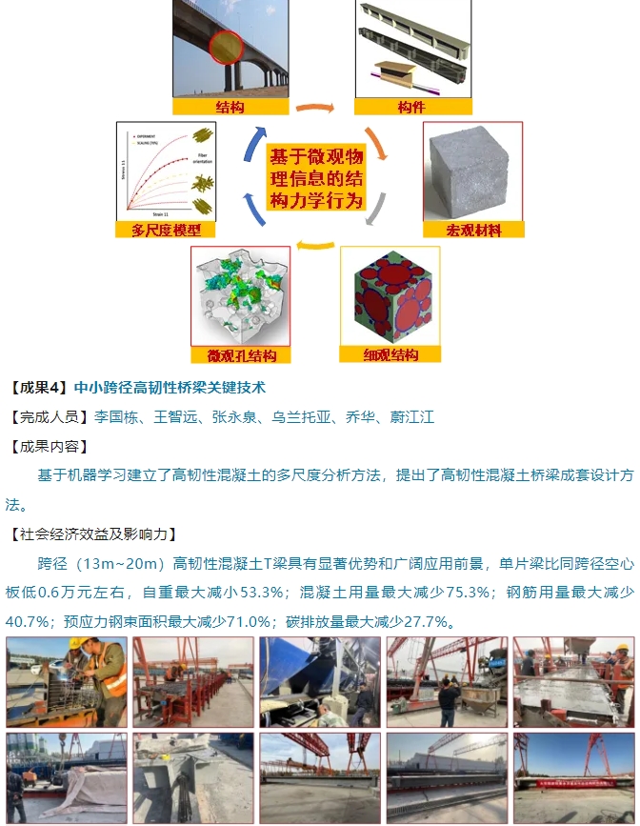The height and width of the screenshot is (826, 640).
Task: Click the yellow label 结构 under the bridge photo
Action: click(230, 106)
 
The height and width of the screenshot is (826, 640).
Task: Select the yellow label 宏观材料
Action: click(473, 230)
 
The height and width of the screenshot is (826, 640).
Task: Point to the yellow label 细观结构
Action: click(390, 354)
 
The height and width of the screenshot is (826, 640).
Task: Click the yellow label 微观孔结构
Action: click(241, 355)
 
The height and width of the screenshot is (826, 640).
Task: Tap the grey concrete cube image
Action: click(473, 171)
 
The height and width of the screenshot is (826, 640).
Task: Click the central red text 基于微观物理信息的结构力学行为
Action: click(315, 178)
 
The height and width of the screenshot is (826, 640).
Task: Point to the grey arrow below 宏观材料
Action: click(377, 209)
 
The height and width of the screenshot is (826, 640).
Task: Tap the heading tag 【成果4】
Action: click(37, 388)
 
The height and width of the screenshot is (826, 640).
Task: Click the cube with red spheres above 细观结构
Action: click(391, 296)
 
